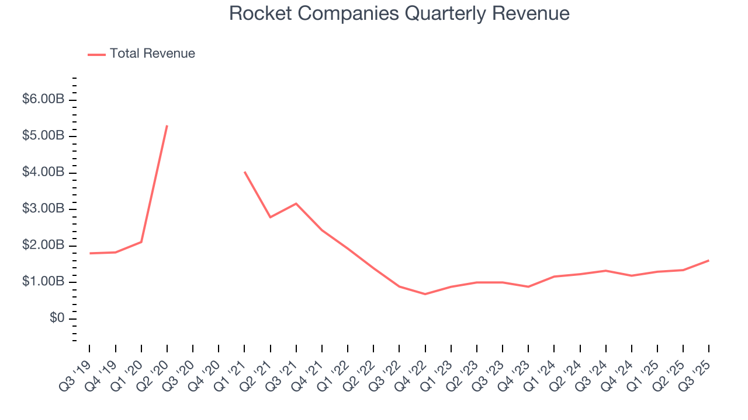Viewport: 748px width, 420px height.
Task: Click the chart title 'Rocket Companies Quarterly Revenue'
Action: (399, 13)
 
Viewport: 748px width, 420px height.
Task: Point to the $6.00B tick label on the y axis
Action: (43, 100)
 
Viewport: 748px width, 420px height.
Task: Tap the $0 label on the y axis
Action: (57, 318)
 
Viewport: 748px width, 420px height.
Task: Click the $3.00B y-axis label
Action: (43, 209)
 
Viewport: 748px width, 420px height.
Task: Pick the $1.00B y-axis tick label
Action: (43, 282)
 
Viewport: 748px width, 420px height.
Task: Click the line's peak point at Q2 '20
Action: (167, 125)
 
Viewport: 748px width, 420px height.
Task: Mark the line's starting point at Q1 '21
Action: (244, 171)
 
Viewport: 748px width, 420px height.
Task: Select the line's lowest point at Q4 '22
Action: (425, 294)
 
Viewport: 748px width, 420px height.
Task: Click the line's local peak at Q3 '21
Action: (296, 204)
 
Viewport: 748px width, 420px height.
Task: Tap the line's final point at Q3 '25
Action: (709, 260)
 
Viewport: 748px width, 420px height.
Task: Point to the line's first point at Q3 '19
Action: (89, 253)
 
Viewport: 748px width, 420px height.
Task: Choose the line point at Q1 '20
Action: (141, 242)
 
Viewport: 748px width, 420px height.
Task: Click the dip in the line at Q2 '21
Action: (270, 217)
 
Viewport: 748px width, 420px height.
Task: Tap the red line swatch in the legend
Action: (96, 54)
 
